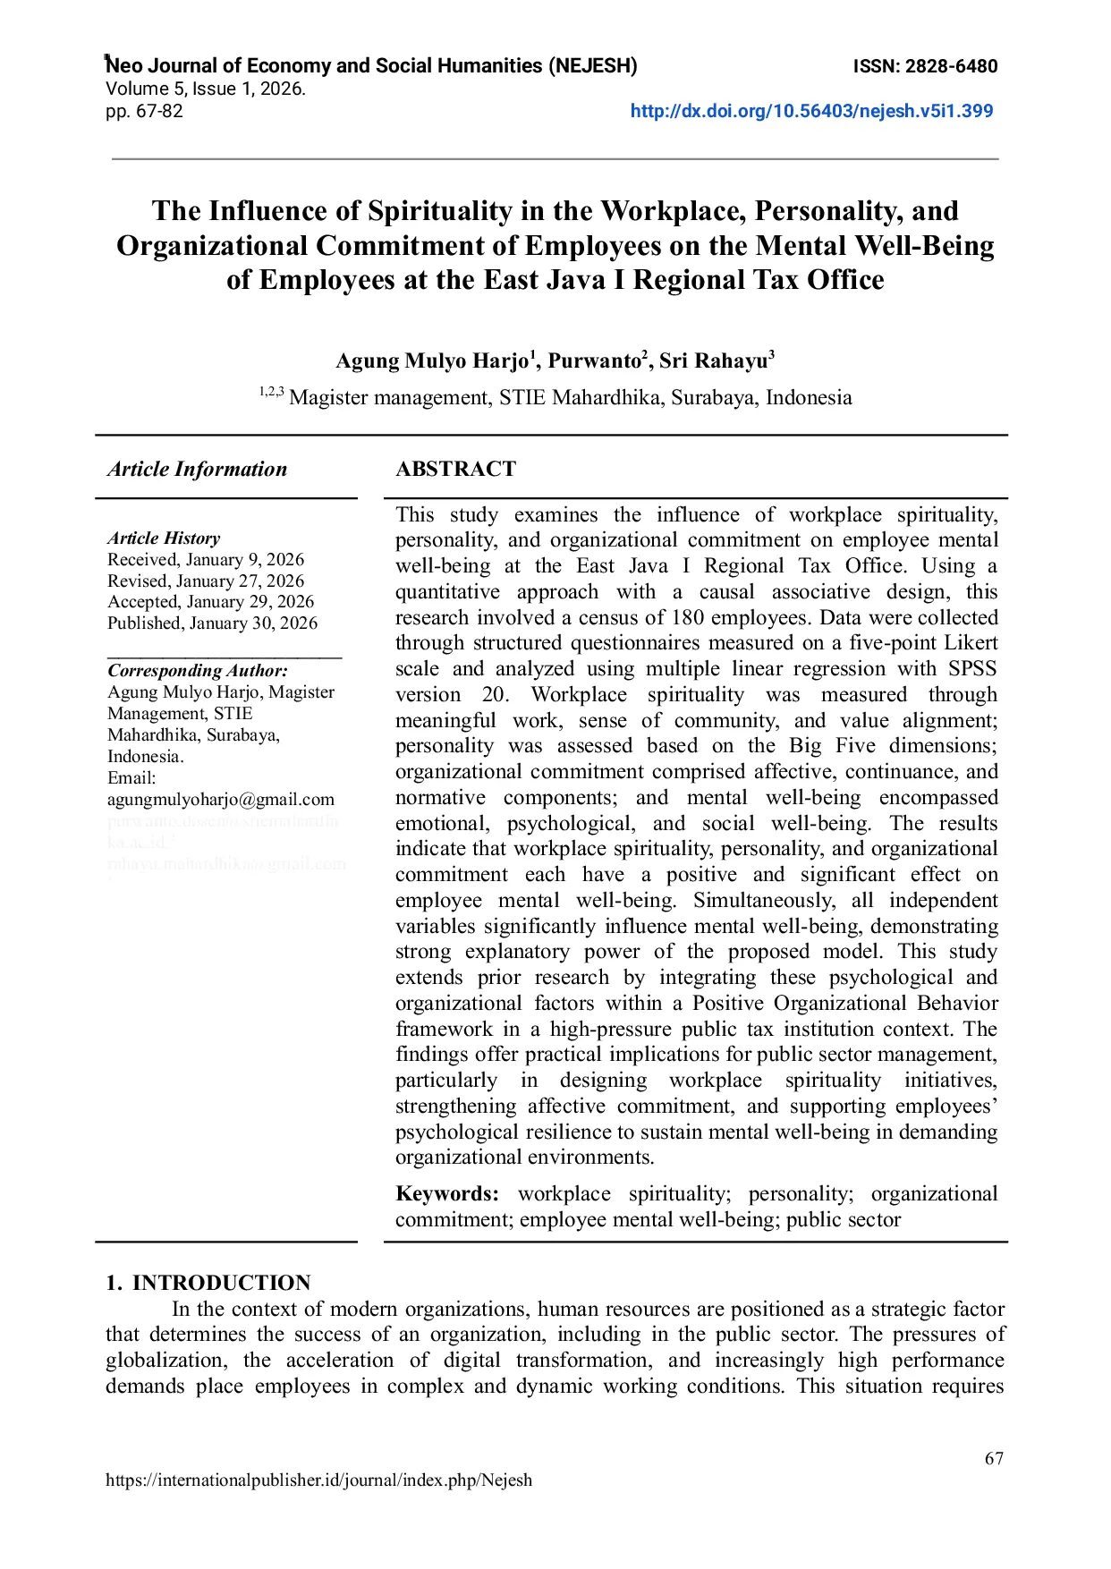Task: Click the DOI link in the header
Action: click(x=811, y=111)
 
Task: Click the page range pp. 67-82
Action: click(x=144, y=111)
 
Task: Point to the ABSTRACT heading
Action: click(x=455, y=470)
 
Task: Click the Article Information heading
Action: click(x=197, y=470)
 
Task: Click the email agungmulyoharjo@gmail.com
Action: click(x=221, y=800)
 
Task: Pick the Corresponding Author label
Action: click(x=198, y=671)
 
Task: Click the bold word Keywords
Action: click(x=446, y=1194)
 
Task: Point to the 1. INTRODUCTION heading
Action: click(x=208, y=1283)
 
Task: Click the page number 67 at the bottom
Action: click(x=994, y=1459)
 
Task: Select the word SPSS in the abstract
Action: click(x=972, y=669)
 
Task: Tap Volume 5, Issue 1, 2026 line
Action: click(x=206, y=89)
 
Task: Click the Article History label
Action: click(x=164, y=539)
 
